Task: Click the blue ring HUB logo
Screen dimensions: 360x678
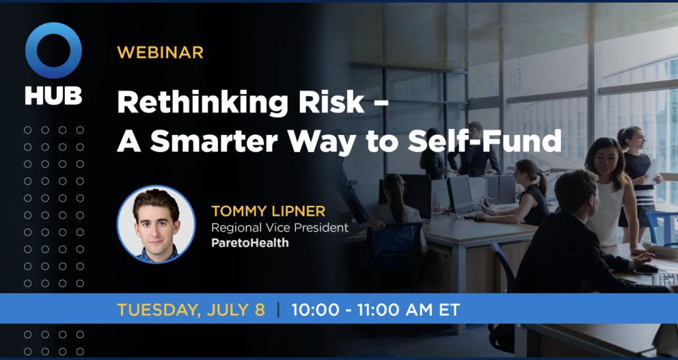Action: (x=54, y=51)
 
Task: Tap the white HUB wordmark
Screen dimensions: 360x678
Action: (x=54, y=95)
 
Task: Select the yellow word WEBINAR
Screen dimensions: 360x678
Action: (x=160, y=52)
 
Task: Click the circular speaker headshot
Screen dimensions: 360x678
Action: (x=156, y=224)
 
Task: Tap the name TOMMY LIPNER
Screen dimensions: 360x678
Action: (x=268, y=212)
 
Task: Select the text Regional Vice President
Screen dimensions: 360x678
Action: (x=279, y=228)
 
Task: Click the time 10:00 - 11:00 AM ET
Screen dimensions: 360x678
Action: (x=374, y=309)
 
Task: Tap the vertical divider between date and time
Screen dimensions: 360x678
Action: (x=278, y=309)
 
